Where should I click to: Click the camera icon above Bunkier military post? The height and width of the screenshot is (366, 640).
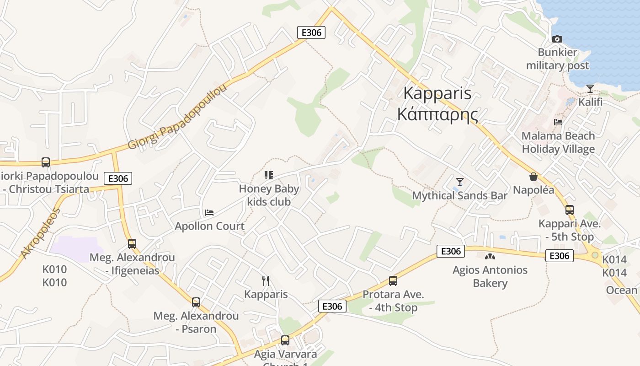pyautogui.click(x=557, y=39)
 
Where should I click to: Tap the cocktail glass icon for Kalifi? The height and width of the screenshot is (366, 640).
pyautogui.click(x=590, y=88)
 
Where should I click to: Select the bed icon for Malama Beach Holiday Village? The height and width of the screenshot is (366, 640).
pyautogui.click(x=558, y=122)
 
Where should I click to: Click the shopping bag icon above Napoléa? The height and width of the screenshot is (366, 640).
pyautogui.click(x=533, y=176)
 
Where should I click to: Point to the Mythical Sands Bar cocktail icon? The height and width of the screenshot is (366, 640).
pyautogui.click(x=460, y=182)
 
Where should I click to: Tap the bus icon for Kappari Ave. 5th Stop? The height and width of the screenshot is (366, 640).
pyautogui.click(x=569, y=210)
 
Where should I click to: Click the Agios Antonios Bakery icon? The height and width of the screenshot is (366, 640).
pyautogui.click(x=490, y=257)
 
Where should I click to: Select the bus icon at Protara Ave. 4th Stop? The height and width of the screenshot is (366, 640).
pyautogui.click(x=393, y=281)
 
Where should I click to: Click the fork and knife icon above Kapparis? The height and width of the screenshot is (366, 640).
pyautogui.click(x=266, y=280)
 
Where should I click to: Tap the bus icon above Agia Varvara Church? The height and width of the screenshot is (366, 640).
pyautogui.click(x=285, y=340)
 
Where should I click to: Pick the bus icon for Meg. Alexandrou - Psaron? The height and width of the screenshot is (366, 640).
pyautogui.click(x=196, y=302)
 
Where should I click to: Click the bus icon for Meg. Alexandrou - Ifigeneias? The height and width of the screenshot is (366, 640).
pyautogui.click(x=132, y=244)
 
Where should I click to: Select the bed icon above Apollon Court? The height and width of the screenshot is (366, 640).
pyautogui.click(x=209, y=213)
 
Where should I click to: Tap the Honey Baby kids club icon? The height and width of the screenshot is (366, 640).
pyautogui.click(x=269, y=175)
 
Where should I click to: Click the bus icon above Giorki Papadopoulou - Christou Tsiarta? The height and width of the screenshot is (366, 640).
pyautogui.click(x=46, y=162)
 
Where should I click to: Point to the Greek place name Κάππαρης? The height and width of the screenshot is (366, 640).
pyautogui.click(x=437, y=114)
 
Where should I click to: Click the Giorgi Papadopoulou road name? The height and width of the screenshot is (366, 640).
pyautogui.click(x=177, y=117)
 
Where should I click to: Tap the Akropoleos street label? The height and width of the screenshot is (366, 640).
pyautogui.click(x=40, y=233)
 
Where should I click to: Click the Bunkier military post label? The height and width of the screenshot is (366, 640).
pyautogui.click(x=557, y=59)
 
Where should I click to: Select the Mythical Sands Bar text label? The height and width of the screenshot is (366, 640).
pyautogui.click(x=460, y=196)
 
